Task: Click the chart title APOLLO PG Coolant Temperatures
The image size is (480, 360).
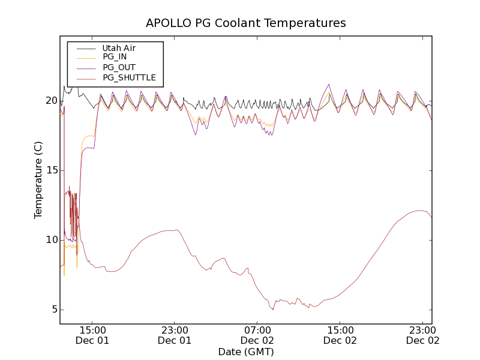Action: point(246,23)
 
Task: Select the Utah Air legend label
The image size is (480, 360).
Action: point(119,48)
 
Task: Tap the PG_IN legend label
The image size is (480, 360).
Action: point(115,57)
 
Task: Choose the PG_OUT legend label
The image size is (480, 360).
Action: point(119,67)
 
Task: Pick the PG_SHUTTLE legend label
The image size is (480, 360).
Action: point(129,77)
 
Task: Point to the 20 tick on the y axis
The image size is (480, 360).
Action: point(51,101)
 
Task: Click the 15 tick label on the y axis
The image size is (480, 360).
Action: point(51,170)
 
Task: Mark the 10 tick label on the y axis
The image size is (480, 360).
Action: point(51,240)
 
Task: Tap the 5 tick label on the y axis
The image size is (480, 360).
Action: point(54,310)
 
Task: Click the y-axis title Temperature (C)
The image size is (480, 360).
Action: point(38,180)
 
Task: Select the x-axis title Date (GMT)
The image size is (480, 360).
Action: point(246,352)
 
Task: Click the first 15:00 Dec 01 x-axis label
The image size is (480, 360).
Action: point(92,335)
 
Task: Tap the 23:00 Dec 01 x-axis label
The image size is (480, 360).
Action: point(175,335)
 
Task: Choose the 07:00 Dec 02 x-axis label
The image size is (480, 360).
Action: point(257,335)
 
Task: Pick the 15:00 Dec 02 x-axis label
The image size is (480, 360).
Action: point(340,335)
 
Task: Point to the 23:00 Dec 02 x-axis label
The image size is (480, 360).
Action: point(422,335)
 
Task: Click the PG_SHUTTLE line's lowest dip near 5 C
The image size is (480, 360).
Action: point(273,309)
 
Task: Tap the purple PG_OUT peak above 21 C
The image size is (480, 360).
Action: point(329,85)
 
